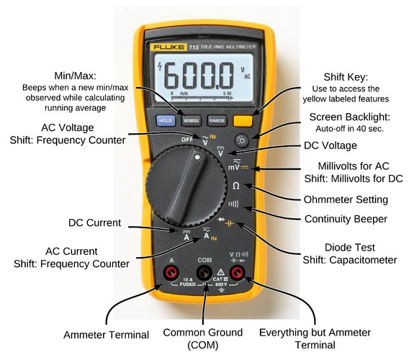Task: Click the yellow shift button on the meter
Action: point(243,122)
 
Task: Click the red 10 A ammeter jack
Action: point(171,273)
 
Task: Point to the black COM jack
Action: point(205,273)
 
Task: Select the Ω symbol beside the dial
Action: point(236,186)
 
